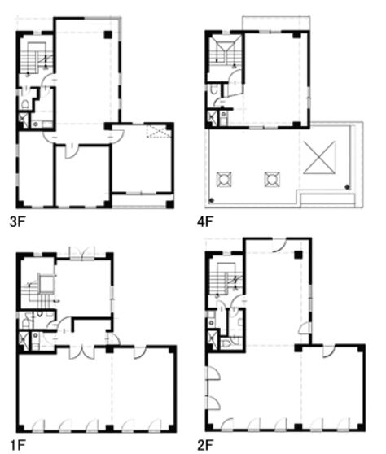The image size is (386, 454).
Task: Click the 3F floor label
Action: click(18, 222)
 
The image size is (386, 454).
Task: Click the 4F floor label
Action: click(205, 222)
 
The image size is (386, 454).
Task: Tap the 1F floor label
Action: click(18, 444)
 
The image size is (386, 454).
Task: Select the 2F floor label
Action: click(205, 444)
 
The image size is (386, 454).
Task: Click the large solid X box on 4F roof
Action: click(319, 158)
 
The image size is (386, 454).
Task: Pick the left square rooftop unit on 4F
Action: click(224, 180)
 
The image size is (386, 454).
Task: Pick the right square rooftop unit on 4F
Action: click(272, 180)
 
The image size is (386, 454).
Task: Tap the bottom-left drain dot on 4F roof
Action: click(212, 200)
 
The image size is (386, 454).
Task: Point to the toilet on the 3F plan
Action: click(25, 104)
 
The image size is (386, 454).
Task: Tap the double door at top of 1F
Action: click(81, 253)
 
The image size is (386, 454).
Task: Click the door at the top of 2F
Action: click(279, 244)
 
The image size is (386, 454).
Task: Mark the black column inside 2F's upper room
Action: click(298, 255)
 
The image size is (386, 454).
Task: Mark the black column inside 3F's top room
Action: click(107, 35)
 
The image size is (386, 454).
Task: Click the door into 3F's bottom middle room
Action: click(70, 151)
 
